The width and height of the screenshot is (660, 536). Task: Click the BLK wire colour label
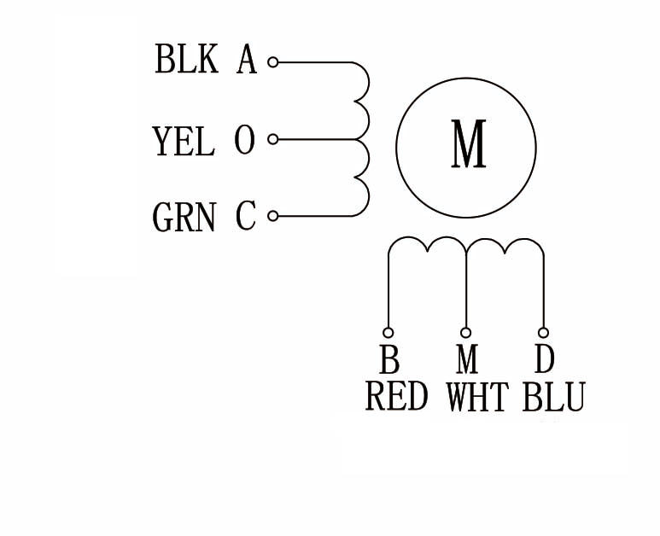[186, 61]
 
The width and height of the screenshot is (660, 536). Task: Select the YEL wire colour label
[183, 141]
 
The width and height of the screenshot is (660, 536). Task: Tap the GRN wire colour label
[184, 218]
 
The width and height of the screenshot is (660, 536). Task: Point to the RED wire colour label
[396, 397]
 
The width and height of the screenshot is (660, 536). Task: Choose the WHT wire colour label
[476, 398]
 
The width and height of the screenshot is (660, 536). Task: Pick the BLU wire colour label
[553, 398]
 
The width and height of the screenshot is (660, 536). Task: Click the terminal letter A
[246, 61]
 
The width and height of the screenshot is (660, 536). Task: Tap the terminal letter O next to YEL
[245, 141]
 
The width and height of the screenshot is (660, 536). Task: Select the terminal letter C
[246, 217]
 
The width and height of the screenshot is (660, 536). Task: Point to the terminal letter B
[389, 361]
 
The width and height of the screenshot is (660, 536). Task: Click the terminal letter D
[544, 360]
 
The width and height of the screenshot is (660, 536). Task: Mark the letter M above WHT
[467, 361]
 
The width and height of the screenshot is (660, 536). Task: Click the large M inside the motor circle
[468, 146]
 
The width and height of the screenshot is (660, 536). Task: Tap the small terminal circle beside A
[273, 62]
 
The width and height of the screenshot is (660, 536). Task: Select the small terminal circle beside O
[273, 139]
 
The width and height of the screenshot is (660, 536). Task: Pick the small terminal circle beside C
[273, 216]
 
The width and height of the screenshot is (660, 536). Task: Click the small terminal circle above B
[388, 332]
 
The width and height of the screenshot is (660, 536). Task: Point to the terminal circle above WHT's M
[466, 332]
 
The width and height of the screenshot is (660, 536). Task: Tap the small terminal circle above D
[543, 332]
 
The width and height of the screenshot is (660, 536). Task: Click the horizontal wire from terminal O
[316, 139]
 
